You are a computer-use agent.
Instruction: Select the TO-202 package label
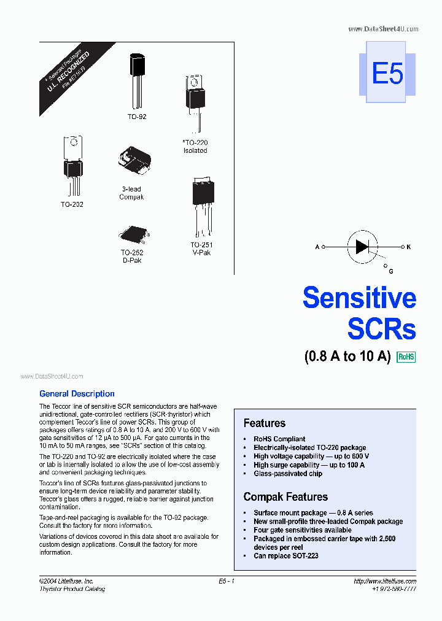(x=72, y=204)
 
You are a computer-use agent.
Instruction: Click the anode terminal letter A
(x=317, y=247)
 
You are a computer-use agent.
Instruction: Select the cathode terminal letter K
(x=408, y=247)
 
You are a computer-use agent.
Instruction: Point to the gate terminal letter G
(x=391, y=271)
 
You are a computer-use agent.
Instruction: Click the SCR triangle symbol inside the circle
(x=362, y=247)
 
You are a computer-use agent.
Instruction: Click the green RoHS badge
(x=406, y=357)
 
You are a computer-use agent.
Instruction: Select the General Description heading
(x=77, y=394)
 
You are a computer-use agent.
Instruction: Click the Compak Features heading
(x=285, y=496)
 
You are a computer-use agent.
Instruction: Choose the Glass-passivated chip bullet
(x=287, y=474)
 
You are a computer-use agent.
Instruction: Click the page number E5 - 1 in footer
(x=227, y=581)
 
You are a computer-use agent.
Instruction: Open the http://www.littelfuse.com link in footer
(x=385, y=581)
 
